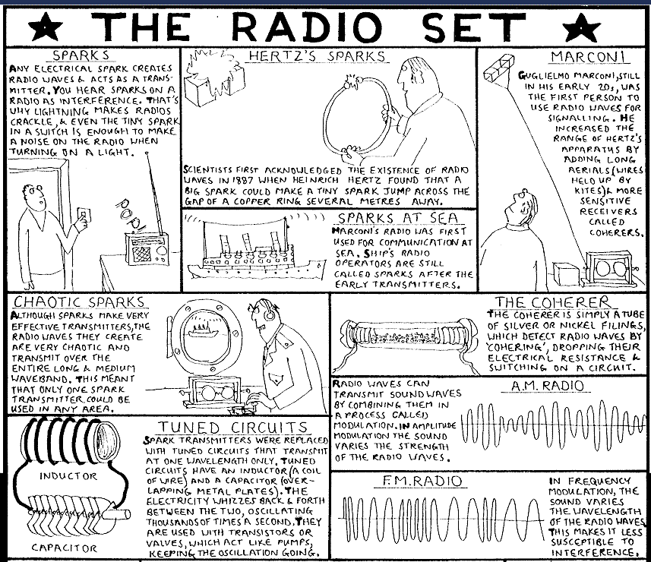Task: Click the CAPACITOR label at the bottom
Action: point(65,547)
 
